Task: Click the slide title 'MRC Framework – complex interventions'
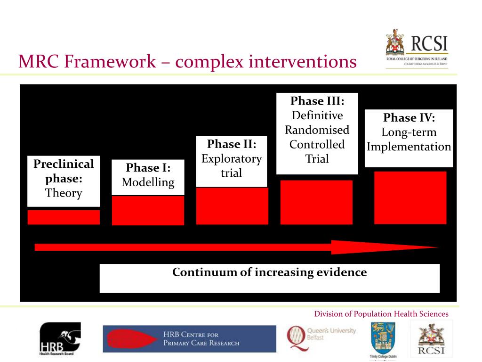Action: coord(187,61)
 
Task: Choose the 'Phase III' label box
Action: coord(317,133)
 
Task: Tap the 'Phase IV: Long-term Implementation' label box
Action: coord(409,138)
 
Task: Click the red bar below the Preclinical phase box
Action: coord(64,217)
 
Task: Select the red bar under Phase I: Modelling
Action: coord(148,210)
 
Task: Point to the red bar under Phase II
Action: coord(232,206)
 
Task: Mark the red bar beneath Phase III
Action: coord(316,202)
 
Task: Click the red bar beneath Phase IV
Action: coord(410,197)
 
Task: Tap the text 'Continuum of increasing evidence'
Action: coord(269,272)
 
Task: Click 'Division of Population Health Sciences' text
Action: coord(381,314)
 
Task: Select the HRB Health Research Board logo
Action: coord(60,338)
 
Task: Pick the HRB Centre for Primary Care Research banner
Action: coord(189,339)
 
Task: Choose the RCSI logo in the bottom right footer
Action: coord(431,339)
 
